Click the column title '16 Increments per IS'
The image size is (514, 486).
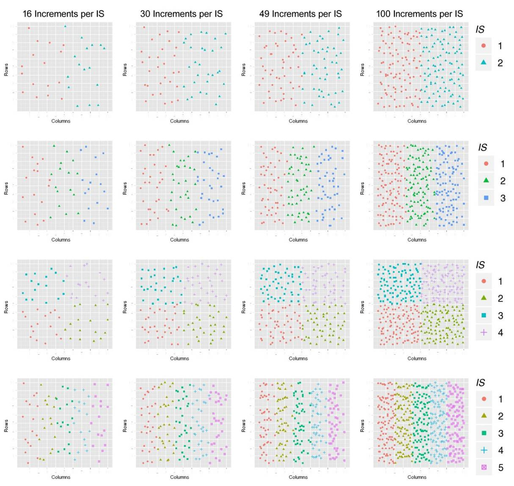click(63, 14)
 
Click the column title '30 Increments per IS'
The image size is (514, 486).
click(181, 14)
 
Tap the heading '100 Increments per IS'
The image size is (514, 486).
click(419, 14)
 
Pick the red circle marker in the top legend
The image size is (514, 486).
click(484, 46)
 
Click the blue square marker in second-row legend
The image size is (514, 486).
click(486, 198)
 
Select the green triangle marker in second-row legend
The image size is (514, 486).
click(486, 181)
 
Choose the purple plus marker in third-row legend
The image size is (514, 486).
click(484, 333)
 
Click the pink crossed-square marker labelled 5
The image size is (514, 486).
click(484, 467)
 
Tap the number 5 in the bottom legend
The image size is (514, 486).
click(500, 467)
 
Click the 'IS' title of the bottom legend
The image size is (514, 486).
click(480, 383)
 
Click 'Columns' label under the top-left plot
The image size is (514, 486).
click(61, 121)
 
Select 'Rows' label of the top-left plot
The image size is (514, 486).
click(7, 70)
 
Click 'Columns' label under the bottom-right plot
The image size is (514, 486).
click(417, 477)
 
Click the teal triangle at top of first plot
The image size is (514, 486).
click(65, 26)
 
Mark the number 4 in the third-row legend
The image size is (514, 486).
click(500, 333)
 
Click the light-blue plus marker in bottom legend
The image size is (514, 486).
click(484, 450)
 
